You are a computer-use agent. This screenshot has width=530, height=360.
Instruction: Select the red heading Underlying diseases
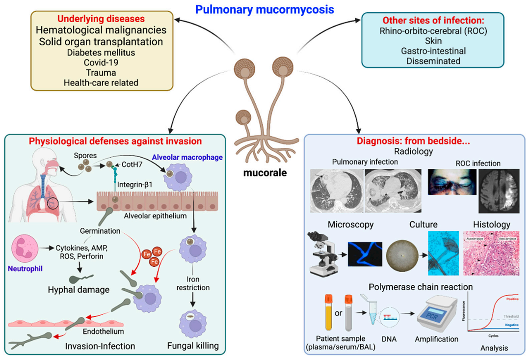point(101,19)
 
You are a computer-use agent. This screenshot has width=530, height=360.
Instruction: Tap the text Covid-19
point(101,62)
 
